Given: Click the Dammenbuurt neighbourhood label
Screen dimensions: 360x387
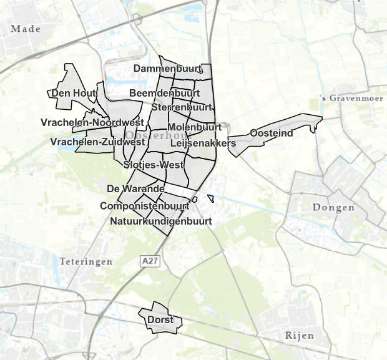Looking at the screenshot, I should click(x=165, y=68).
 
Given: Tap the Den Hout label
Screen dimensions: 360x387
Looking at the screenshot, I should click(x=72, y=94).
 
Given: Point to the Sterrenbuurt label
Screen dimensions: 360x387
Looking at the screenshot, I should click(x=179, y=107).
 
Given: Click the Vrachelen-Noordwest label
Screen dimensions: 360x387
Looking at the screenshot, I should click(x=92, y=122).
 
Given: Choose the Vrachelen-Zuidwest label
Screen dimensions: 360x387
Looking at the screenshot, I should click(x=97, y=142).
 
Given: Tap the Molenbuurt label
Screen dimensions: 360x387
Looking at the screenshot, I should click(x=195, y=127).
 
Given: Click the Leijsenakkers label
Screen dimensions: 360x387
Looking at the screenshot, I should click(x=203, y=144).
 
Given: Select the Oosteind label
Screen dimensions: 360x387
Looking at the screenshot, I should click(x=271, y=133).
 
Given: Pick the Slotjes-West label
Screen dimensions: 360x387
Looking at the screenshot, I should click(x=154, y=165).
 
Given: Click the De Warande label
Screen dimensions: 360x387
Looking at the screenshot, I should click(x=135, y=188).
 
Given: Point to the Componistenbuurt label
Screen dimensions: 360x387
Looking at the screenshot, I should click(x=145, y=206).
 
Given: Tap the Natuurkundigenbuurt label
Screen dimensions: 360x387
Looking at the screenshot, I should click(x=161, y=221).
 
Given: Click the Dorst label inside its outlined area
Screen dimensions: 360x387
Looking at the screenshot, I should click(x=160, y=320).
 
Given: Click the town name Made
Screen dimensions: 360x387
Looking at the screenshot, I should click(x=26, y=29).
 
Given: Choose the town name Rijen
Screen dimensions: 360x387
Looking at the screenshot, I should click(x=299, y=336).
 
